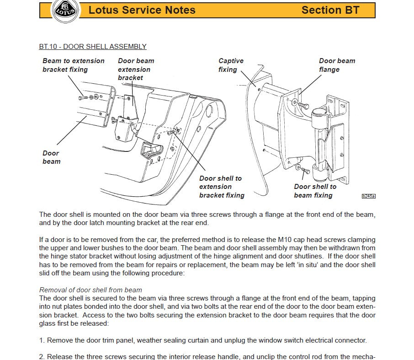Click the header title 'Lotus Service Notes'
142,10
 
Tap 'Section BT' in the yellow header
330,10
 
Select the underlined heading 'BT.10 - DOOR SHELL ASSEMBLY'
93,47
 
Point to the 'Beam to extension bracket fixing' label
73,65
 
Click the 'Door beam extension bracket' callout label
136,69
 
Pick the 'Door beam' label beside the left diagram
51,157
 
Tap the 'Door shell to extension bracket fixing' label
222,187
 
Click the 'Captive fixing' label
231,65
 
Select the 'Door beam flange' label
337,65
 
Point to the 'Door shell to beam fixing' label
315,191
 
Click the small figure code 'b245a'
368,196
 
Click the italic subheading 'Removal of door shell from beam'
90,290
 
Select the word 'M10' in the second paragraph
286,240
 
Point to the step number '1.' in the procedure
42,340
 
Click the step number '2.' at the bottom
42,356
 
